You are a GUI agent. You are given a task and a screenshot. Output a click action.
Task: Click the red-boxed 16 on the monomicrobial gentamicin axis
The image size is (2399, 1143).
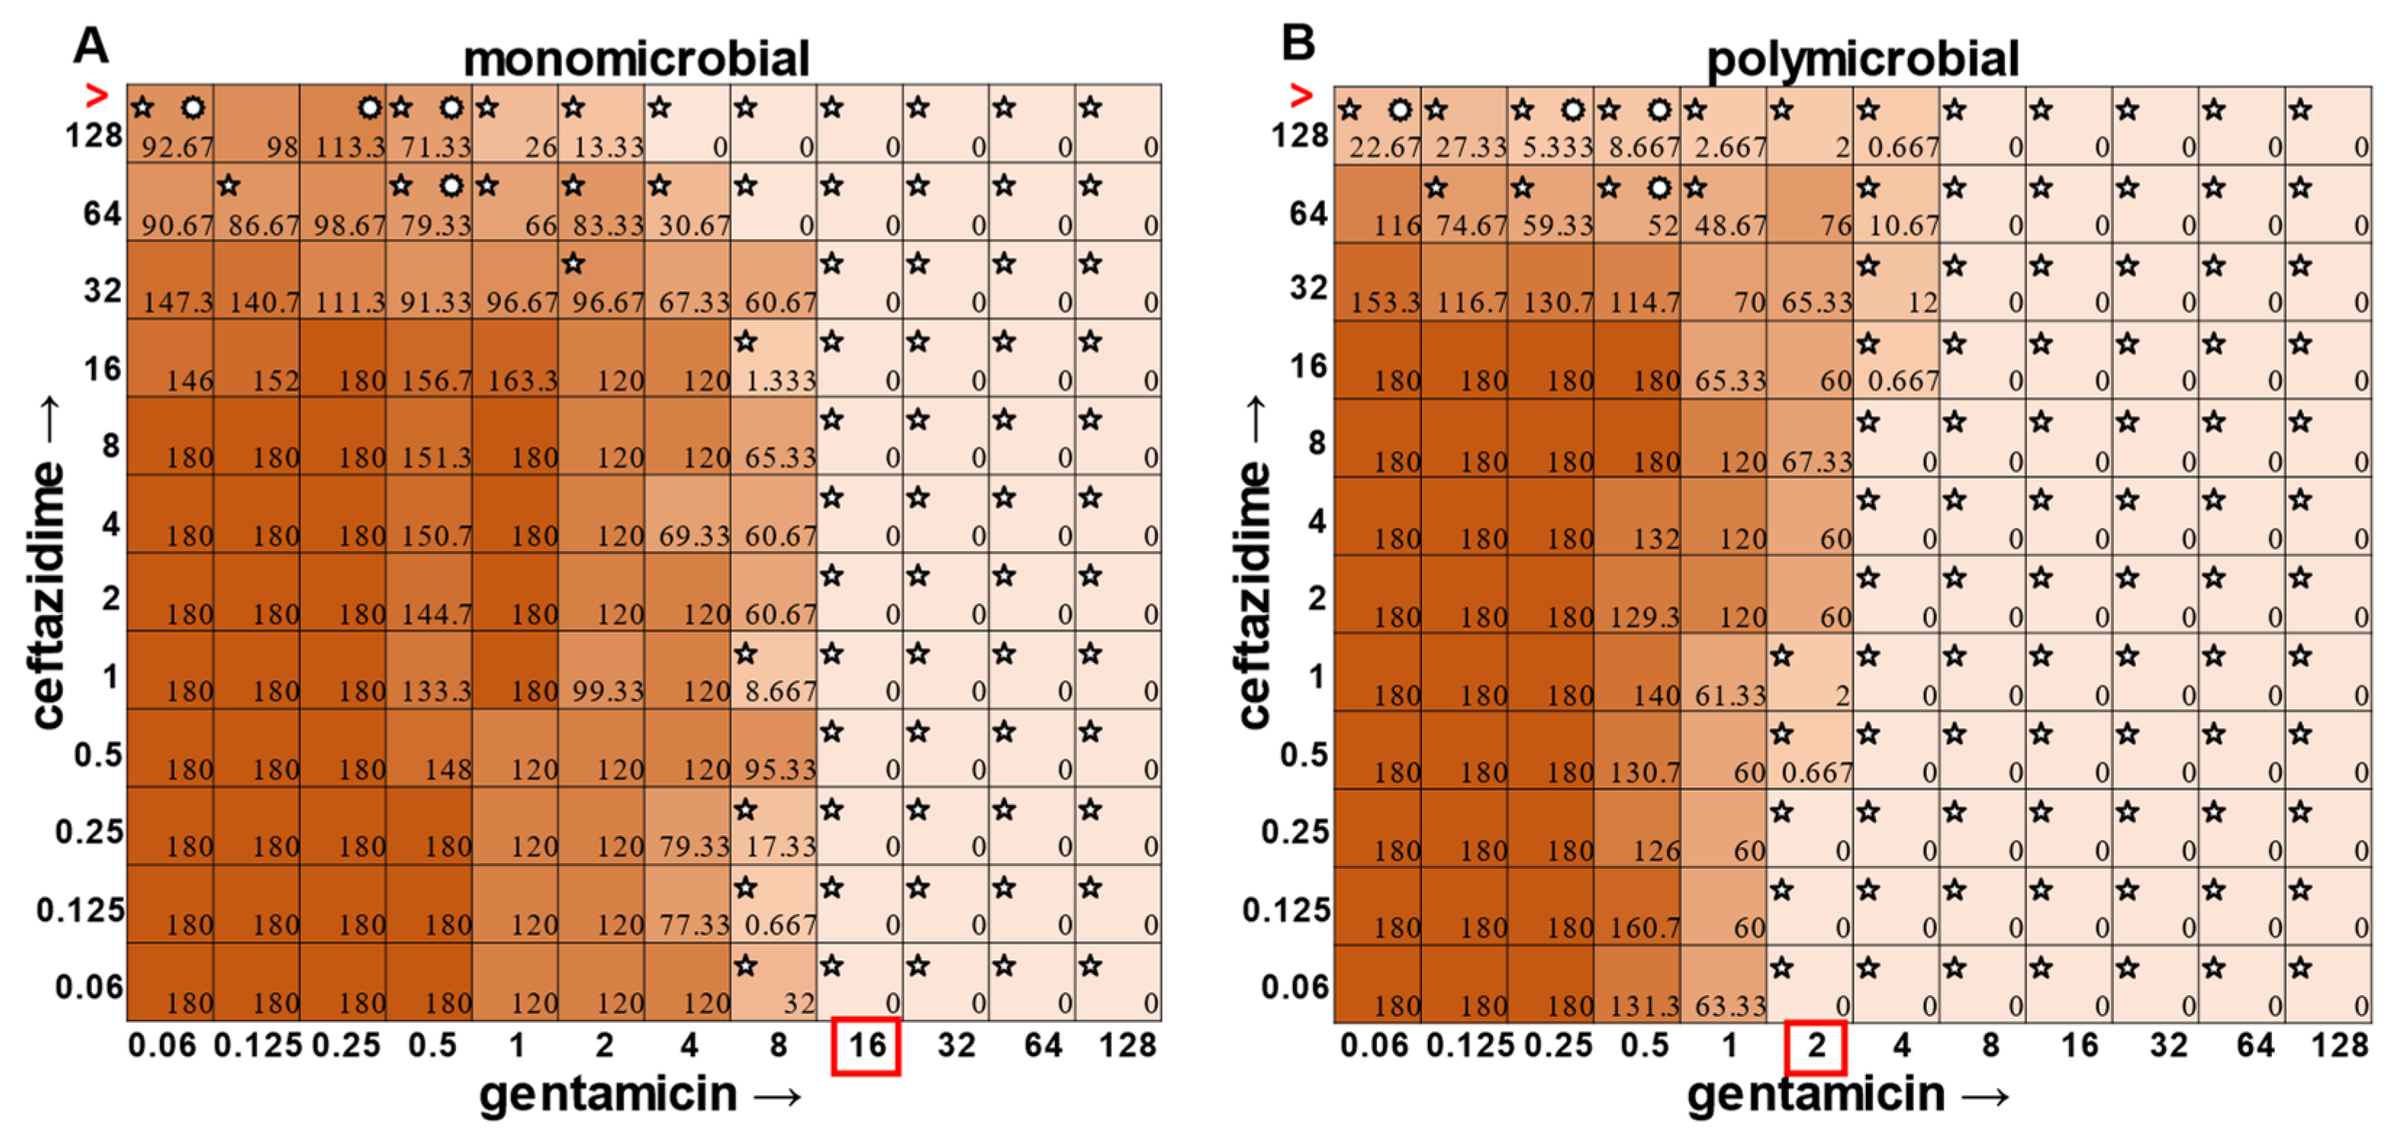pos(866,1046)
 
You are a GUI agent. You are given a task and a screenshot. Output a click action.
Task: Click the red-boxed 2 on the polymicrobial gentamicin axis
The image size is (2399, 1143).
pos(1816,1046)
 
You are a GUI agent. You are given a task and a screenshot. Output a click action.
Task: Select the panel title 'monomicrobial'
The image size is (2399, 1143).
pos(636,59)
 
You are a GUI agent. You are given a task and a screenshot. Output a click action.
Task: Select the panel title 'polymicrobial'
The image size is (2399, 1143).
pos(1862,59)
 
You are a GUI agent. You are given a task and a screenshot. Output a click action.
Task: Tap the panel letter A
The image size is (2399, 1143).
pos(91,45)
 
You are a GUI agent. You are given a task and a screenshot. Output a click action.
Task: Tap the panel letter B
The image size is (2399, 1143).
pos(1298,43)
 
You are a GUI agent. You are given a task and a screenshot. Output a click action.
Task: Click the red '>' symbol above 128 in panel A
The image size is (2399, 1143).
pos(96,95)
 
